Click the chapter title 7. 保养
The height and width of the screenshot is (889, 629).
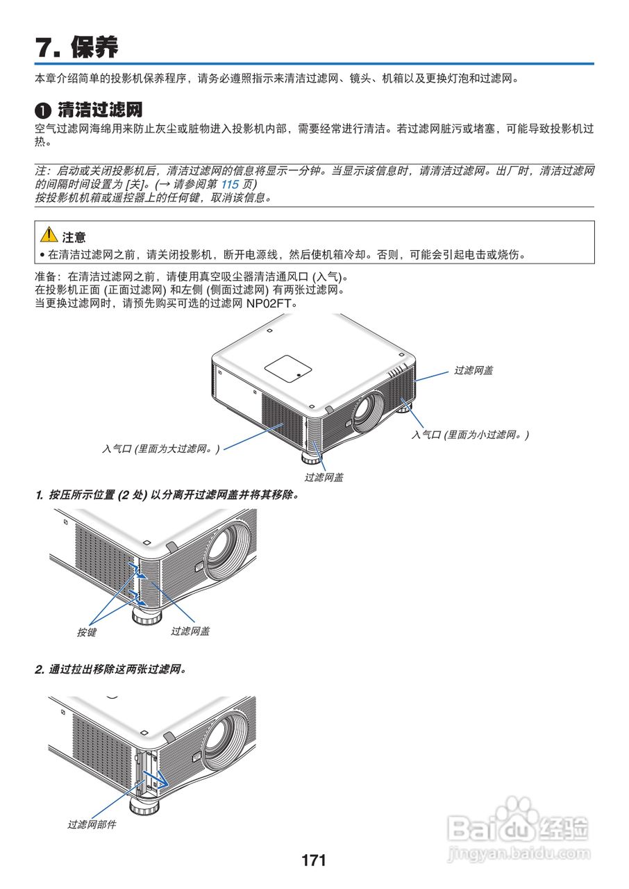[x=77, y=47]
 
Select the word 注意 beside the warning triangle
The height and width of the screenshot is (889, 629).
[x=74, y=237]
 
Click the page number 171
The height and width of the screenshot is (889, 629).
[x=314, y=861]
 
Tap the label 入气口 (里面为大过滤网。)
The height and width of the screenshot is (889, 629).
[x=160, y=449]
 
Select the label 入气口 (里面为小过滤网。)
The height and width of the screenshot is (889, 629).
[x=470, y=435]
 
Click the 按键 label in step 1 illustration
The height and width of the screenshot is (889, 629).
[x=87, y=632]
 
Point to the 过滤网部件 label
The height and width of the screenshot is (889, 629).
[x=92, y=824]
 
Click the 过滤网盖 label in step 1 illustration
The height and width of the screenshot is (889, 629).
[x=190, y=631]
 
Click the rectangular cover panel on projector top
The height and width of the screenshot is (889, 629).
[x=288, y=367]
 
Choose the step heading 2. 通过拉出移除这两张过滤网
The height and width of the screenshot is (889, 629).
[x=111, y=670]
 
